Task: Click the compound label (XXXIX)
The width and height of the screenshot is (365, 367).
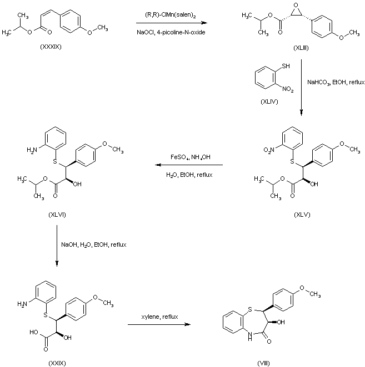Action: [x=51, y=47]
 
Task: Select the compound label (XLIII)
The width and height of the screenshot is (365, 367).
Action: [x=301, y=48]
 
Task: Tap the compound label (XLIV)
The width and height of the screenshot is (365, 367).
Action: [x=269, y=101]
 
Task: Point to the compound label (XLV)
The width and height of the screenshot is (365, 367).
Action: [x=302, y=215]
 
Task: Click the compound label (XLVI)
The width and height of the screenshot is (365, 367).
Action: [x=57, y=215]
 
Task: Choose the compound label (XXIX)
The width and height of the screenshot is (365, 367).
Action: [x=57, y=363]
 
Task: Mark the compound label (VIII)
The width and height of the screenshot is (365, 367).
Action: [x=264, y=363]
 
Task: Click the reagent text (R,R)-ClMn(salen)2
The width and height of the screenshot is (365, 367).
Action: [x=171, y=16]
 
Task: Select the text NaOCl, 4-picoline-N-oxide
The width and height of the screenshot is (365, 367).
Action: [x=171, y=32]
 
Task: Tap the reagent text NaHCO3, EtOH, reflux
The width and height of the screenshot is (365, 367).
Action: [x=336, y=83]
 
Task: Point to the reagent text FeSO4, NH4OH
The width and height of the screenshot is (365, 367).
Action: [x=191, y=157]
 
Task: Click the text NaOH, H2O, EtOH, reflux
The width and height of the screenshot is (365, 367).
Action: [x=94, y=245]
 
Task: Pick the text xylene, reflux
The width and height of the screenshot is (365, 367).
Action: [x=159, y=317]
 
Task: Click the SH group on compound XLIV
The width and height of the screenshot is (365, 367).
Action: [x=286, y=66]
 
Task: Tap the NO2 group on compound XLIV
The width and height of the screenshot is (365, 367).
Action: [x=288, y=89]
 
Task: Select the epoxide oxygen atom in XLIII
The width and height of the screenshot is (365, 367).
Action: [x=296, y=5]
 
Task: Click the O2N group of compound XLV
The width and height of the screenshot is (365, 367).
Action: [x=269, y=150]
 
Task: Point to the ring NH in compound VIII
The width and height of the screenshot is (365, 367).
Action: [x=250, y=336]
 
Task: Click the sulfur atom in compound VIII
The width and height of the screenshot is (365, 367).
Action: [x=250, y=309]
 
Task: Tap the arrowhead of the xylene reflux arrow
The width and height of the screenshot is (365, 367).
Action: [x=188, y=324]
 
